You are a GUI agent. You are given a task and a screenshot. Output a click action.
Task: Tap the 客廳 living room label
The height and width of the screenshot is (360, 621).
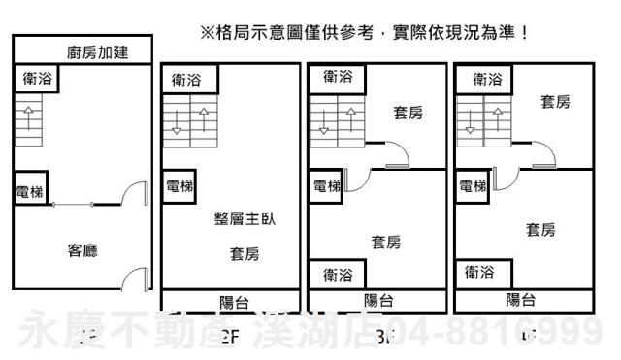(x=82, y=250)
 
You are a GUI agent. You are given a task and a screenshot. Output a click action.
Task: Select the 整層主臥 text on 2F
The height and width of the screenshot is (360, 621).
(x=245, y=219)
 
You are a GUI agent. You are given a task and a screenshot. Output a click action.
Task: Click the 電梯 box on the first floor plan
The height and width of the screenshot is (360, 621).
(x=30, y=192)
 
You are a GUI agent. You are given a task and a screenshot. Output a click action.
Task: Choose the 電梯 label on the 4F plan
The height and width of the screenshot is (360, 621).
(x=473, y=186)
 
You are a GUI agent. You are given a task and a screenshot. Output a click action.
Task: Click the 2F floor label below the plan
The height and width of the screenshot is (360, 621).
(x=230, y=339)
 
